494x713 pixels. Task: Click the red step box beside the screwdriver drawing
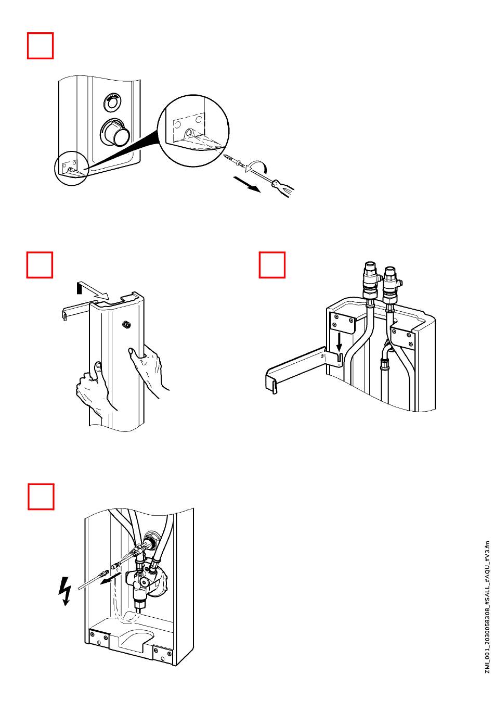[x=40, y=46]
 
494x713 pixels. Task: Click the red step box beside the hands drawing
[x=40, y=265]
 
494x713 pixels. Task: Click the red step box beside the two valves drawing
[x=272, y=265]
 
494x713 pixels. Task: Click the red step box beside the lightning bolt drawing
[x=41, y=496]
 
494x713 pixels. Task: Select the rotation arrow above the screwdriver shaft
[x=258, y=165]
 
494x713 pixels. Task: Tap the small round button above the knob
[x=111, y=101]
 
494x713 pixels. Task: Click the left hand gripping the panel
[x=92, y=388]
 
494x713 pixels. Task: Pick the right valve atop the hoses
[x=389, y=285]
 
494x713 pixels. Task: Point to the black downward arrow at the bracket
[x=339, y=342]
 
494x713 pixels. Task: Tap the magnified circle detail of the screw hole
[x=193, y=130]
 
